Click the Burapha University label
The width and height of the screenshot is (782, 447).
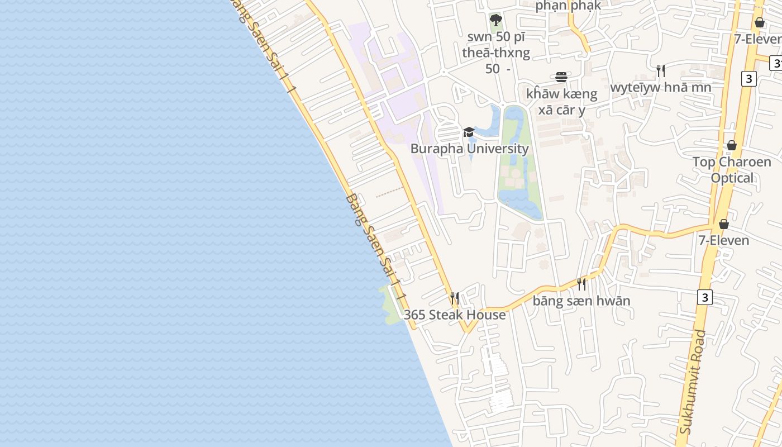(x=469, y=149)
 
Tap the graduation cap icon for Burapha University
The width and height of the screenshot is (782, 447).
(x=469, y=132)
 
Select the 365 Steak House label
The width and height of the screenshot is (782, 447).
(x=455, y=315)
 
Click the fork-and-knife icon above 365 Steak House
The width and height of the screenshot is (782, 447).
(x=455, y=298)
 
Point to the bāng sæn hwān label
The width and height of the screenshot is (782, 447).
(x=581, y=301)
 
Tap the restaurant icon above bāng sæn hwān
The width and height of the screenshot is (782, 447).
(x=581, y=284)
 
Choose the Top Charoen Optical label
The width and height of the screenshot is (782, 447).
(x=732, y=170)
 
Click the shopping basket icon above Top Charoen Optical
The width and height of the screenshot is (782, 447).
(x=732, y=146)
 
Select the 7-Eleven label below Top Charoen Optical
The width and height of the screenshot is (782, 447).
(x=724, y=240)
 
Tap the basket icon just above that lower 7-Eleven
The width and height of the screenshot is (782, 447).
(x=724, y=224)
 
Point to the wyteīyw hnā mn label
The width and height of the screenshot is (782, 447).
(x=661, y=87)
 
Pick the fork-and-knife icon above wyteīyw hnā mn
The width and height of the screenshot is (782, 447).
(x=661, y=71)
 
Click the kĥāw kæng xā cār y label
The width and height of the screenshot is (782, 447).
(x=561, y=102)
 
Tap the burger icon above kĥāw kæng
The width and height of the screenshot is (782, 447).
(x=561, y=77)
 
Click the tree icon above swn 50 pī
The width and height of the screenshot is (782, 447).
(x=495, y=21)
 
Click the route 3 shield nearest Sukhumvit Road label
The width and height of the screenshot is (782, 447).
(x=705, y=297)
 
